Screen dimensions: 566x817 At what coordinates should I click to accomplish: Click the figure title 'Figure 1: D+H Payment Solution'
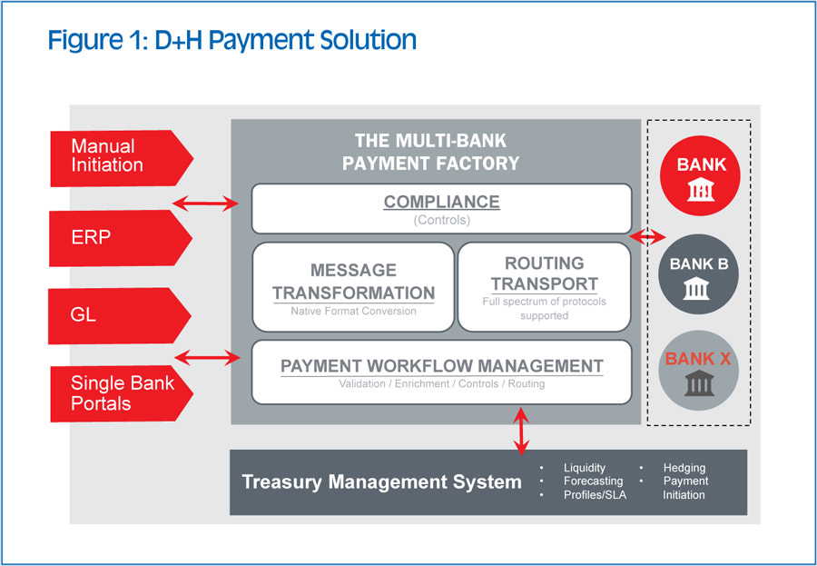coord(231,40)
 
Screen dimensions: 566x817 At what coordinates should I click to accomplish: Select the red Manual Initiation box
coord(118,156)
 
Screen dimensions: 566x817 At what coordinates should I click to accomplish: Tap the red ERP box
coord(118,238)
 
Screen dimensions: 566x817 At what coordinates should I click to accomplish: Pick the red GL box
coord(118,316)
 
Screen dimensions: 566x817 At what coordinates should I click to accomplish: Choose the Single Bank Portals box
coord(118,393)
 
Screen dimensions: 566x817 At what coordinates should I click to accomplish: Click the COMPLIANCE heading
coord(441,202)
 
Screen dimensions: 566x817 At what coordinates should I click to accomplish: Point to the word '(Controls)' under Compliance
coord(441,220)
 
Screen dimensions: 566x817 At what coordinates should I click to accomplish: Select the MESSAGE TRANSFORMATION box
coord(353,285)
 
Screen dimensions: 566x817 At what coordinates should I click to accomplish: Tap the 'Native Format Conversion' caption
coord(353,311)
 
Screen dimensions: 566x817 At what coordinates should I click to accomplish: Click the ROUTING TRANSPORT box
coord(544,285)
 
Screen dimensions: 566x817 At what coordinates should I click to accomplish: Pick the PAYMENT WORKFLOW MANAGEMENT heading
coord(441,366)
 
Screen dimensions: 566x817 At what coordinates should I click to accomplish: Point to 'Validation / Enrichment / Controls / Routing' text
coord(441,383)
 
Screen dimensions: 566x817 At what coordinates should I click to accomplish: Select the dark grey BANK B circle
coord(701,277)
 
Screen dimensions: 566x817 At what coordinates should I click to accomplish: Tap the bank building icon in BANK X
coord(698,382)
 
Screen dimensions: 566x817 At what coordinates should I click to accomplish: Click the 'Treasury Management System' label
coord(381,482)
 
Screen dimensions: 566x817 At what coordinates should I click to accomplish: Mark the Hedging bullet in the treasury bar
coord(684,468)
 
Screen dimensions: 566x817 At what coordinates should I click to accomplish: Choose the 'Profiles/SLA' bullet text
coord(595,495)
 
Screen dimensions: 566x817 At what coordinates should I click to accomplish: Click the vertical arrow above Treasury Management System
coord(520,431)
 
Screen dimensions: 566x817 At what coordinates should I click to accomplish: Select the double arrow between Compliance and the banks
coord(646,237)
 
